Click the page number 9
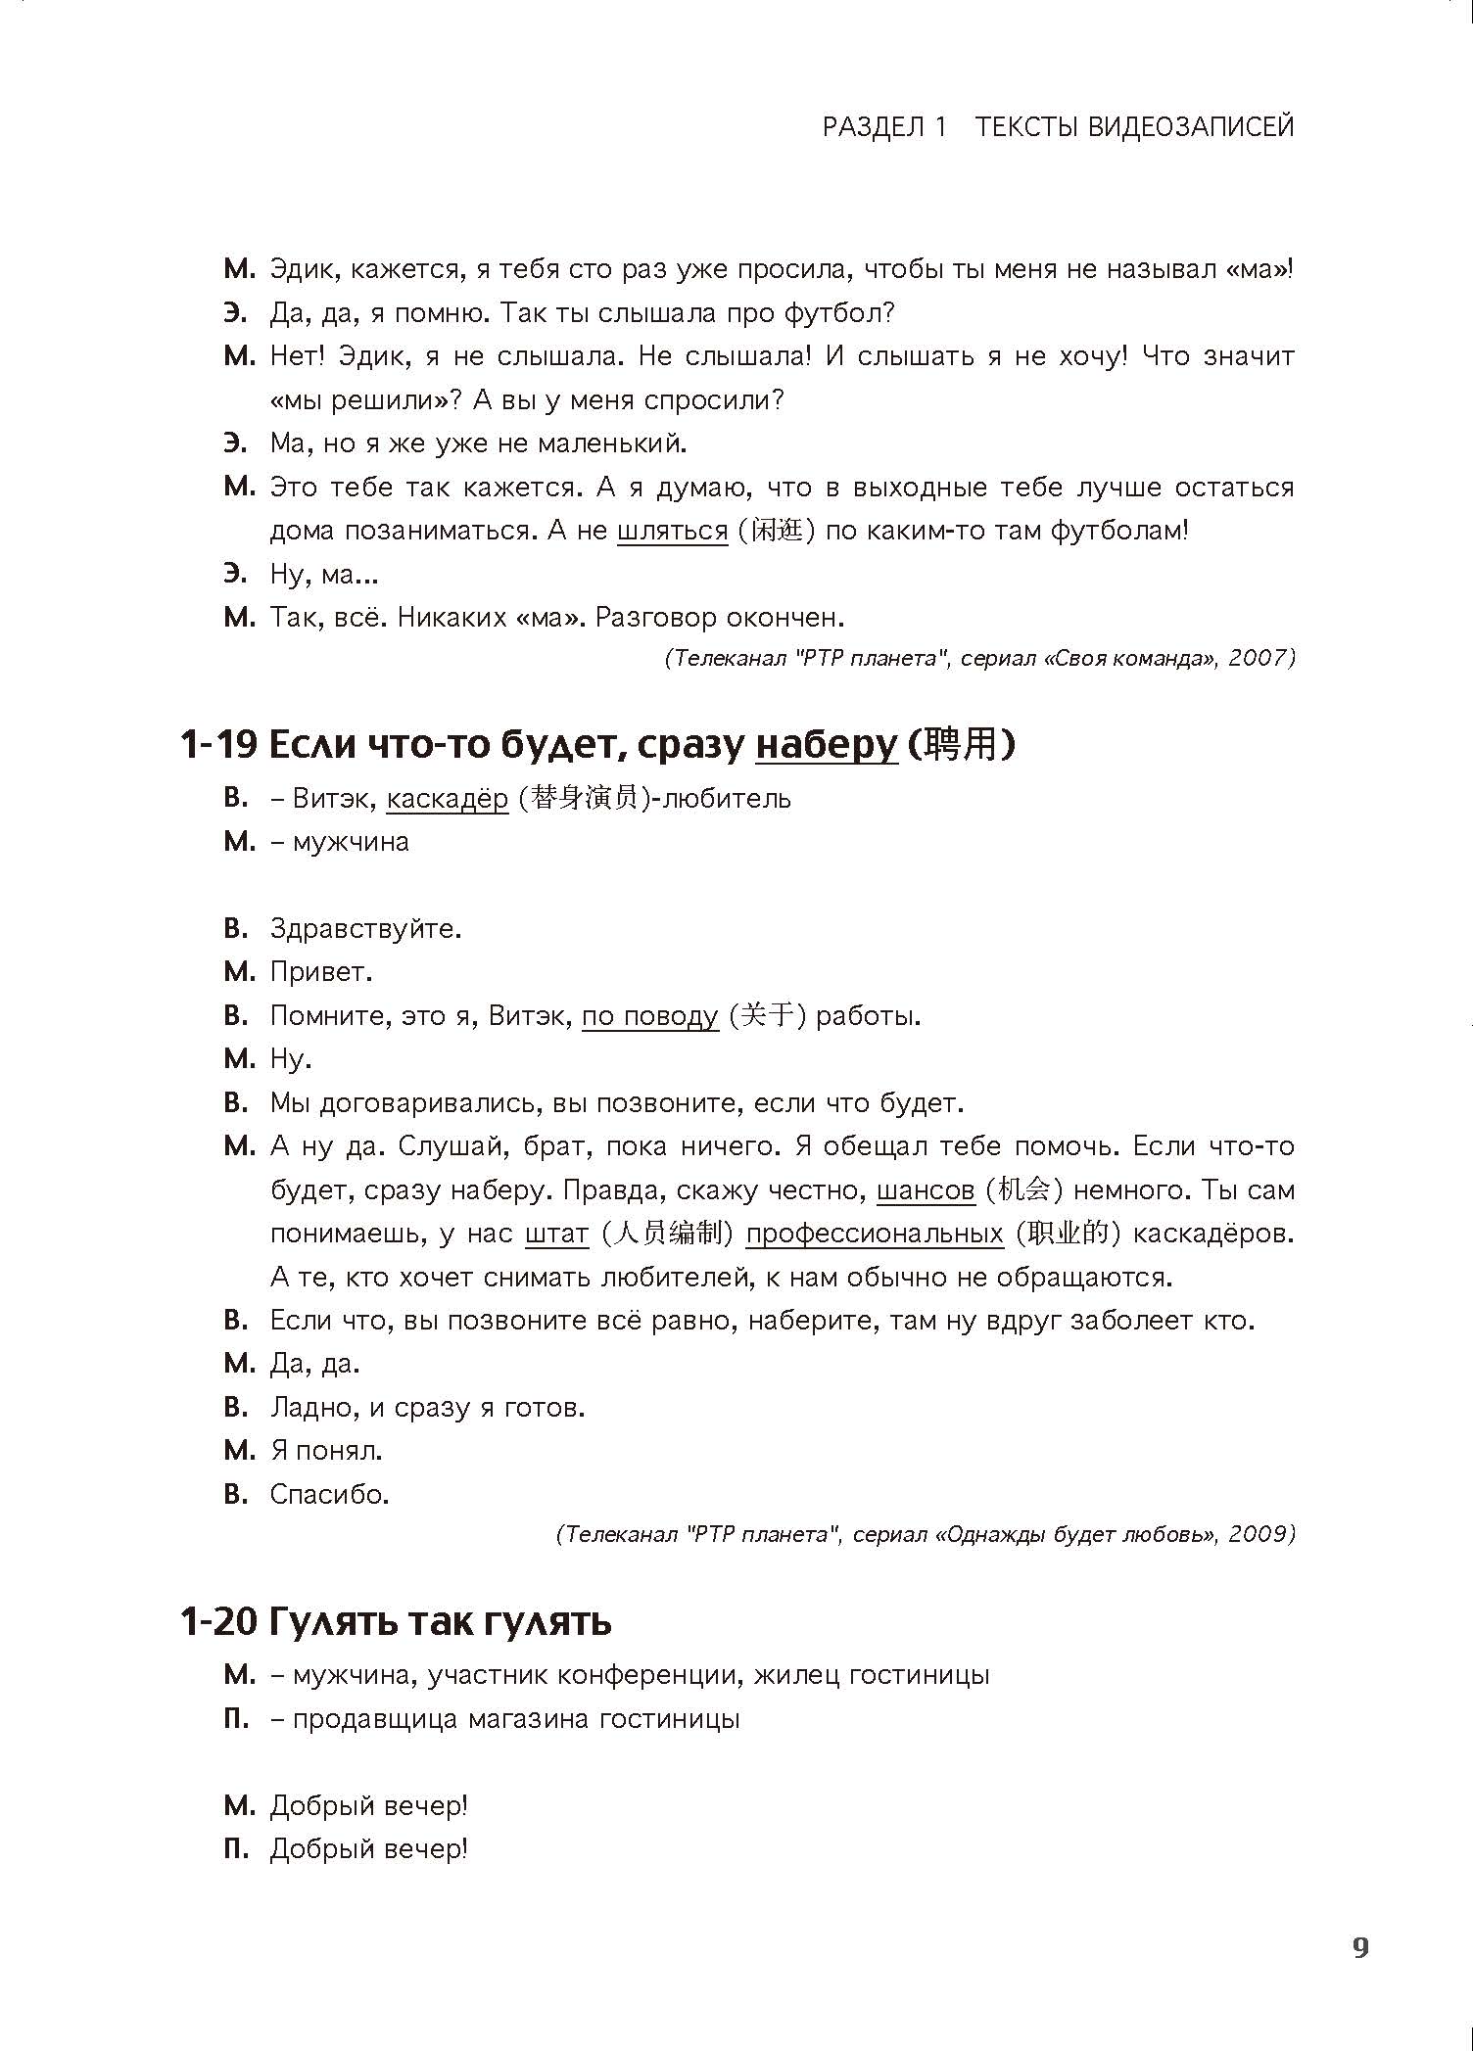click(1360, 1948)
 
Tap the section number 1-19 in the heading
click(218, 746)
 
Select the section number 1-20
click(218, 1622)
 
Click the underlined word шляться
click(673, 532)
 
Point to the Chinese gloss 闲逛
click(779, 532)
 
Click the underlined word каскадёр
click(448, 799)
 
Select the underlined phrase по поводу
click(650, 1016)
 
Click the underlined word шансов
click(926, 1190)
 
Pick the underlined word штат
click(557, 1234)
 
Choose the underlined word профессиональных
click(875, 1234)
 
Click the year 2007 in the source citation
click(1257, 658)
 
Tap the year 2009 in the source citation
click(1257, 1534)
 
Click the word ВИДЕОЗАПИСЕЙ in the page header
click(1191, 126)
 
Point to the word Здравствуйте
click(364, 928)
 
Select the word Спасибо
click(329, 1494)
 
